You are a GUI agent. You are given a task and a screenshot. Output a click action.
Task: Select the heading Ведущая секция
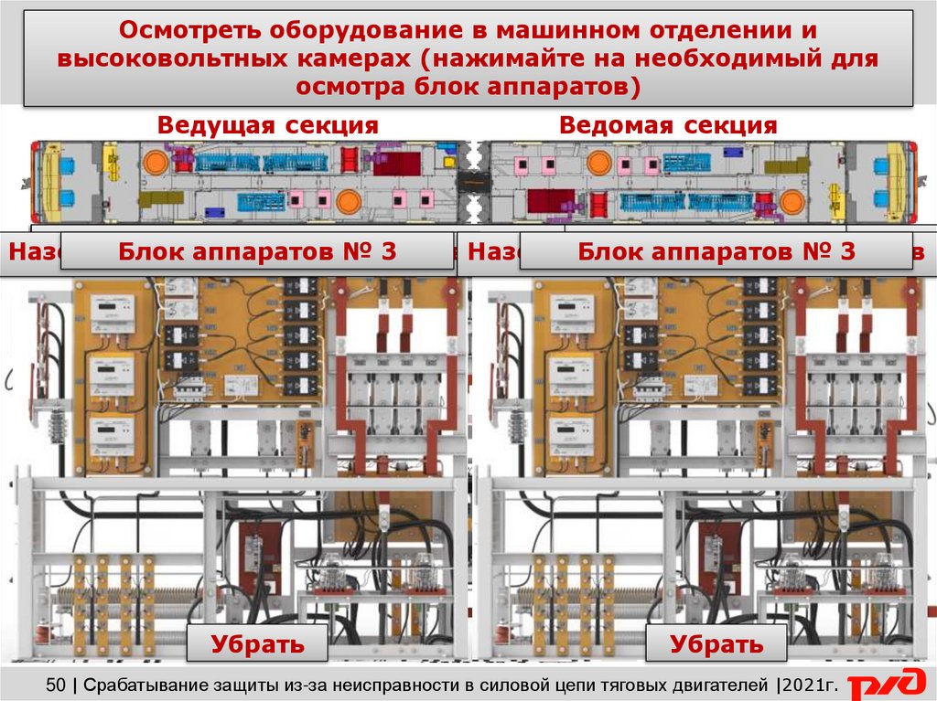(267, 125)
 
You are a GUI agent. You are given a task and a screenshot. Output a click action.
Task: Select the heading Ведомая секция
(668, 125)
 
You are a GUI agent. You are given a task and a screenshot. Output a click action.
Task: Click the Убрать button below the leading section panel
(257, 643)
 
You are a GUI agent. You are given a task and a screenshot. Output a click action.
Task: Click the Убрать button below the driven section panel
(716, 643)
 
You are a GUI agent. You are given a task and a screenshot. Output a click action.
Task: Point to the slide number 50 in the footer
(55, 684)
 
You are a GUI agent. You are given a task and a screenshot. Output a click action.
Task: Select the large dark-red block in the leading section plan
(396, 164)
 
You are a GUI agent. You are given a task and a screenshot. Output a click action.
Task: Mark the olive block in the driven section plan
(785, 165)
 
